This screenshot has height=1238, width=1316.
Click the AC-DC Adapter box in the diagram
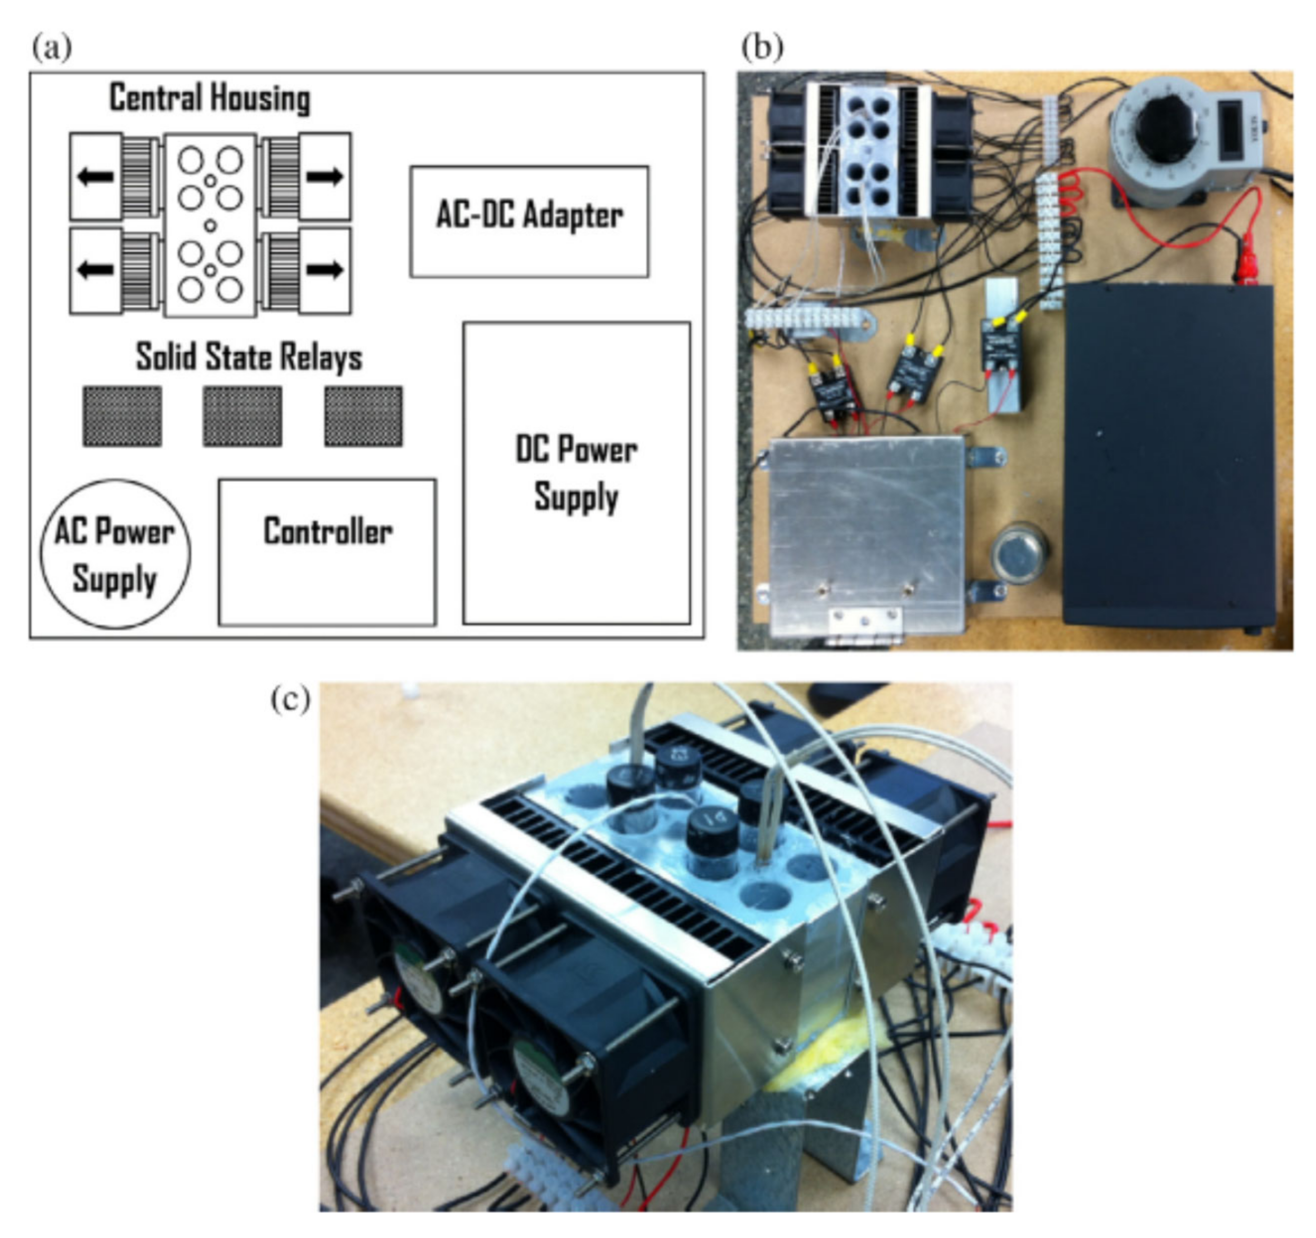click(529, 221)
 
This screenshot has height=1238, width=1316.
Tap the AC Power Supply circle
click(115, 554)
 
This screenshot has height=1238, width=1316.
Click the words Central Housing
click(210, 98)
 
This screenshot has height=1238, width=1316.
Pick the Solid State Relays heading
click(249, 357)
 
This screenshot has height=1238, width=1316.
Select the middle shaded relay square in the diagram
click(243, 417)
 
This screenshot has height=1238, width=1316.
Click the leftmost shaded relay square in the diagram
click(122, 417)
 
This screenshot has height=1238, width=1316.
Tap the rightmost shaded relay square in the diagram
click(363, 417)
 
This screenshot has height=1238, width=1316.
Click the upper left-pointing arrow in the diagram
click(96, 177)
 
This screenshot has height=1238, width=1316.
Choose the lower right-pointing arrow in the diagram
click(324, 269)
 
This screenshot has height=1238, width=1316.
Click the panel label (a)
click(52, 47)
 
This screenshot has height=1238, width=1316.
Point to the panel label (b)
click(762, 47)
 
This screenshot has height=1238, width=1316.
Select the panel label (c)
click(291, 700)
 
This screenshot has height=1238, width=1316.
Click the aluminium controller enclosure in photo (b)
click(865, 529)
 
